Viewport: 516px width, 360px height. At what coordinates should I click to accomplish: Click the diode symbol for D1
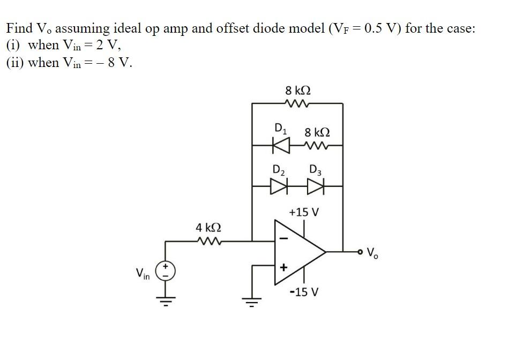[280, 145]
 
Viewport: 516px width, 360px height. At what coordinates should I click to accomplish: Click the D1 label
[280, 128]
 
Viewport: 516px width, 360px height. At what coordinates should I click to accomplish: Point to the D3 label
[315, 170]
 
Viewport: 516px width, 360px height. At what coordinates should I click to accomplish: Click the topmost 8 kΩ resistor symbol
[298, 103]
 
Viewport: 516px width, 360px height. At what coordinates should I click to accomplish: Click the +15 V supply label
[303, 212]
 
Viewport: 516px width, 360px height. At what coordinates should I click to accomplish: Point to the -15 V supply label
[304, 292]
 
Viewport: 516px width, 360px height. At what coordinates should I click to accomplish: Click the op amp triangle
[297, 251]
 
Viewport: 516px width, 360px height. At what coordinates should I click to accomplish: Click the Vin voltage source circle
[166, 271]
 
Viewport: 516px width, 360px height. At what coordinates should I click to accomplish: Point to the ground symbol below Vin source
[166, 302]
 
